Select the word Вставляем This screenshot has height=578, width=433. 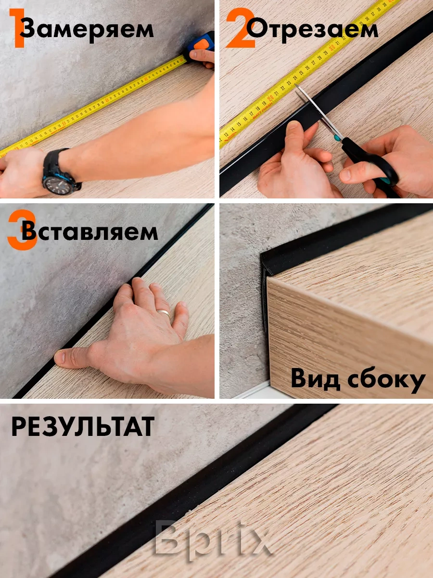point(89,232)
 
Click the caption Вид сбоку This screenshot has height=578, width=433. point(358,380)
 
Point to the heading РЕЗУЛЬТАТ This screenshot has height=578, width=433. point(83,427)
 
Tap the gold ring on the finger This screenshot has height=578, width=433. point(164,314)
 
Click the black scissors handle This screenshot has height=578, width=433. point(375,164)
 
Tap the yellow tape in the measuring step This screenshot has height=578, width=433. point(96,106)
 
